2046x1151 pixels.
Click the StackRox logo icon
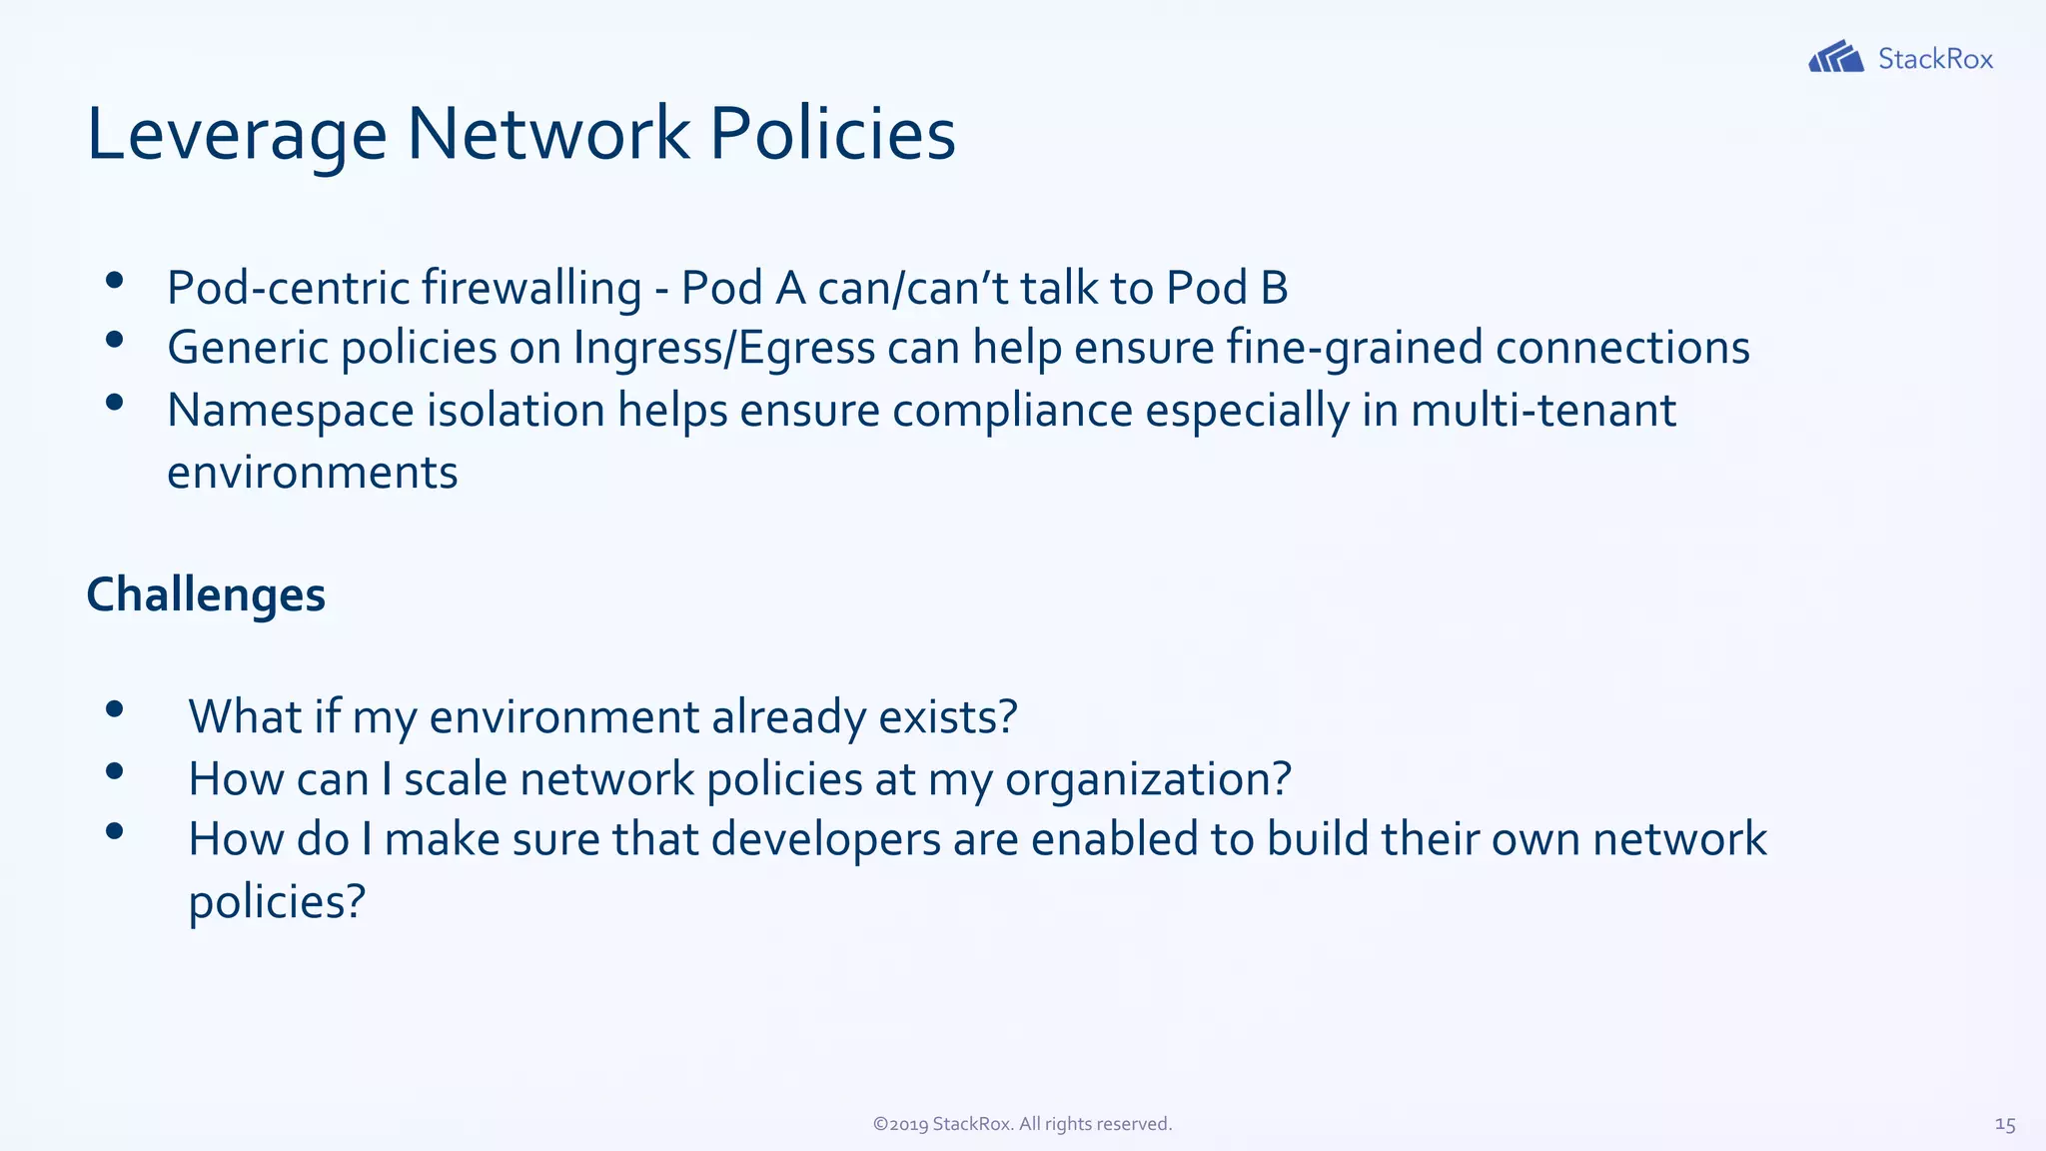(x=1835, y=57)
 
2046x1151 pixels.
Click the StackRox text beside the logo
(x=1935, y=59)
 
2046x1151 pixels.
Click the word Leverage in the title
(x=237, y=135)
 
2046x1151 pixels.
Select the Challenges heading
(x=206, y=595)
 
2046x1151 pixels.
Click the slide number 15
(x=2004, y=1124)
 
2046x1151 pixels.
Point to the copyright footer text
(x=1022, y=1124)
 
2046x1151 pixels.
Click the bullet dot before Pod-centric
(x=114, y=281)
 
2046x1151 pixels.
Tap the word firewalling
(x=530, y=289)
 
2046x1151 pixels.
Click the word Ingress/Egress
(x=723, y=349)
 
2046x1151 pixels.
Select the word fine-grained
(x=1354, y=349)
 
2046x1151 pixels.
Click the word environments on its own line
(x=312, y=473)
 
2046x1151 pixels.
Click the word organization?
(x=1148, y=779)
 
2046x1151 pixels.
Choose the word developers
(x=825, y=840)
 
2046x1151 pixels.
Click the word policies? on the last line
(x=277, y=902)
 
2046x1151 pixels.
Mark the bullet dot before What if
(x=114, y=709)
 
